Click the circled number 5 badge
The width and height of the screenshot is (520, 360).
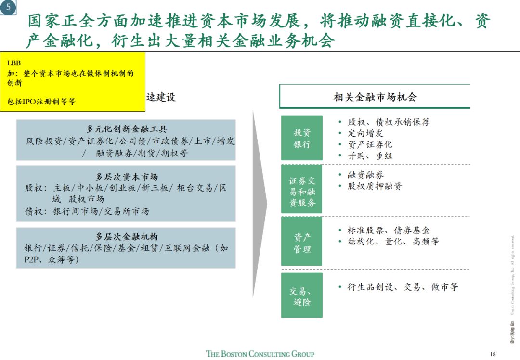tap(8, 7)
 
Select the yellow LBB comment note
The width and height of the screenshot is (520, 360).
tap(73, 82)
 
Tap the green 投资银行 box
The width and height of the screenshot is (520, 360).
tap(302, 138)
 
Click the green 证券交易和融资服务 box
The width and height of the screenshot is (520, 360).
tap(302, 192)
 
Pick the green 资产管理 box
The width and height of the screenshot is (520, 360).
tap(302, 243)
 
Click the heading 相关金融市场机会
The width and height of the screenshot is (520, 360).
tap(375, 97)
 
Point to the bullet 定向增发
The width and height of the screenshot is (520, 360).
tap(365, 133)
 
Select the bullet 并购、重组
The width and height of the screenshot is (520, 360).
tap(370, 156)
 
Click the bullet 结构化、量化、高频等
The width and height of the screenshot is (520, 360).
tap(393, 242)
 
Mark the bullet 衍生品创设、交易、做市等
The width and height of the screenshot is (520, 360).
tap(403, 287)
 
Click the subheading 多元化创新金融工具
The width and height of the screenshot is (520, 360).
tap(127, 129)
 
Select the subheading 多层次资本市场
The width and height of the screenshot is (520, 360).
tap(127, 177)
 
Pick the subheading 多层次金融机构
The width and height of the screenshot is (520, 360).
tap(127, 237)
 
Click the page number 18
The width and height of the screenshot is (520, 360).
tap(492, 354)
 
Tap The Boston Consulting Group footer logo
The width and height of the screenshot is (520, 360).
tap(260, 354)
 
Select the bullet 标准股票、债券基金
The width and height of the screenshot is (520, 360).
tap(389, 231)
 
